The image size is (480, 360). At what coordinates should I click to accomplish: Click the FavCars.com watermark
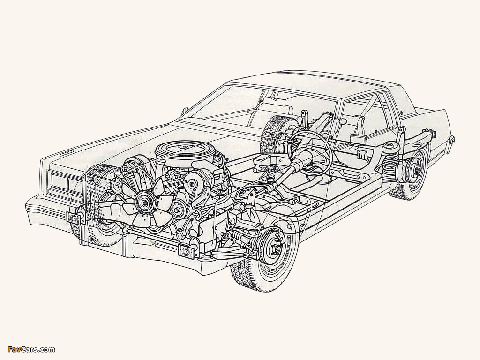(x=28, y=349)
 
